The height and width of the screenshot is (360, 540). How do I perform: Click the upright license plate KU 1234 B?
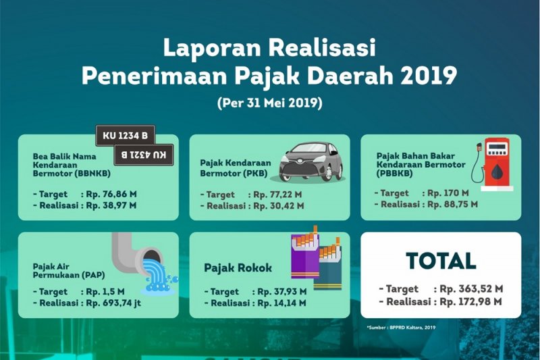click(126, 135)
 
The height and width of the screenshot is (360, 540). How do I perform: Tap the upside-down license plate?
click(144, 155)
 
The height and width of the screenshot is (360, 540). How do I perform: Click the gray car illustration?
click(311, 161)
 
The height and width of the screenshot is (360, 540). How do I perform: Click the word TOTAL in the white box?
click(441, 261)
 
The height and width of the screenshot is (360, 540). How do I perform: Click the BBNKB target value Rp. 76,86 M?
click(111, 194)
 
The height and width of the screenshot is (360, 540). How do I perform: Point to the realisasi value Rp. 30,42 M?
click(279, 206)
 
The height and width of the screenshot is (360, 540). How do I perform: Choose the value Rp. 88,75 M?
click(452, 204)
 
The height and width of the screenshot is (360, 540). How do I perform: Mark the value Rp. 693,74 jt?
click(113, 303)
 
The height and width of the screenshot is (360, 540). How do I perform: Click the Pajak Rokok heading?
click(238, 267)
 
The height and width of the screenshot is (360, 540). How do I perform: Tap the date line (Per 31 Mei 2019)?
click(270, 103)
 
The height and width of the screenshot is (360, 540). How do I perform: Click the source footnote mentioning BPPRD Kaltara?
click(402, 328)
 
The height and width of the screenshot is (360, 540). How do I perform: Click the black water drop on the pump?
click(496, 171)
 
